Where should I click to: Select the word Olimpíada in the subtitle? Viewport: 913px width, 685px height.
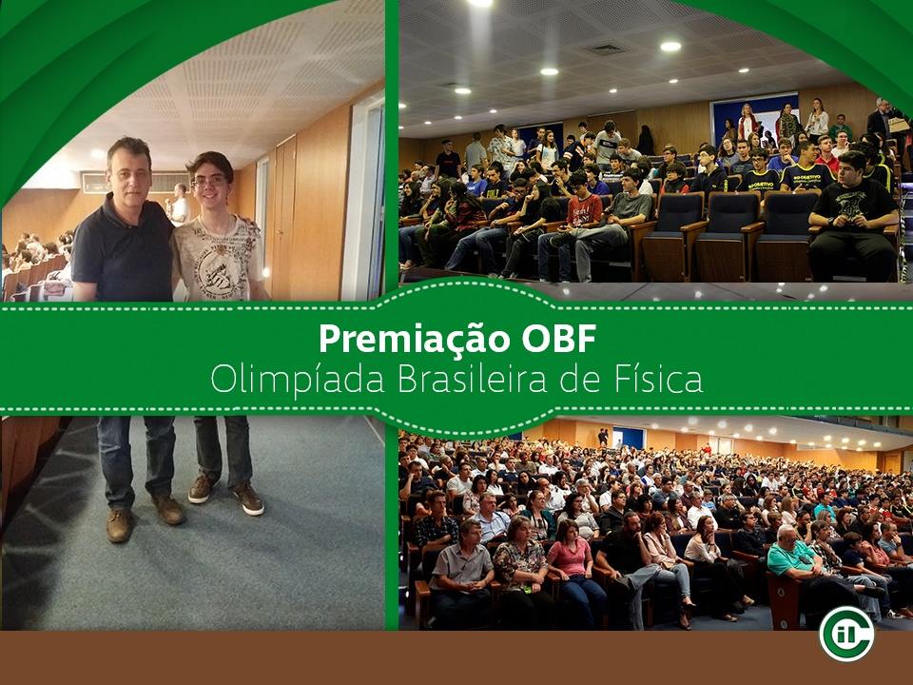(298, 380)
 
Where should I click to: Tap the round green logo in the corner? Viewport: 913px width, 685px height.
(846, 635)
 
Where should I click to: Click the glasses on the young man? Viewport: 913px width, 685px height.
(208, 182)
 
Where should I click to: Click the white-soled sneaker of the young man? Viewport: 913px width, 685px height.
(248, 499)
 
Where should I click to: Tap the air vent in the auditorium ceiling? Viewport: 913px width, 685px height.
(605, 49)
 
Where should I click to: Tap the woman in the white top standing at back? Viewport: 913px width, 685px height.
(817, 119)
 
